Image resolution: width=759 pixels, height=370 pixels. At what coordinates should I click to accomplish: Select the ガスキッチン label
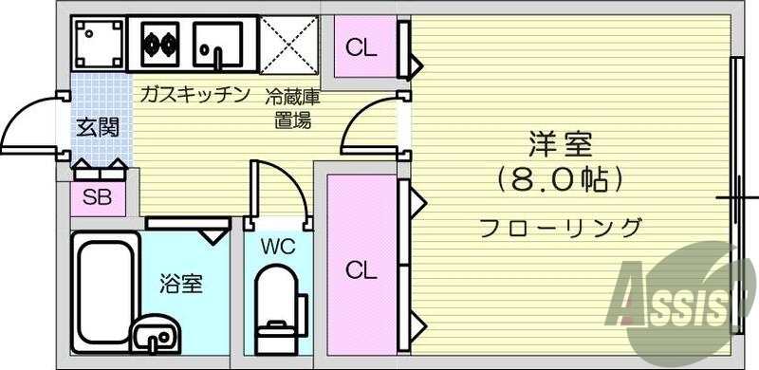[x=194, y=94]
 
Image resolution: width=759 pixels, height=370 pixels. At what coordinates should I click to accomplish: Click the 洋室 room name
[x=560, y=145]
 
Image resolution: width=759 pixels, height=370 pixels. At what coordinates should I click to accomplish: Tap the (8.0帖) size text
[x=560, y=177]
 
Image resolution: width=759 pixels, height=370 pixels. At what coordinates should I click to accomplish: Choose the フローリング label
[x=560, y=228]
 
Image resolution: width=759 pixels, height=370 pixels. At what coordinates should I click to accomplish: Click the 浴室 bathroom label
[x=180, y=283]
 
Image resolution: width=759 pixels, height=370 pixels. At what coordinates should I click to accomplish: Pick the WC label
[x=279, y=248]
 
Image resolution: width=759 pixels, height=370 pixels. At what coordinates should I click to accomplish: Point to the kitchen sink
[x=219, y=43]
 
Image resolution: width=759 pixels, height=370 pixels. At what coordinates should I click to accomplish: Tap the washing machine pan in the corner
[x=98, y=43]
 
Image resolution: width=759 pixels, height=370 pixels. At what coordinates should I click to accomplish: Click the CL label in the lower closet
[x=361, y=270]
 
